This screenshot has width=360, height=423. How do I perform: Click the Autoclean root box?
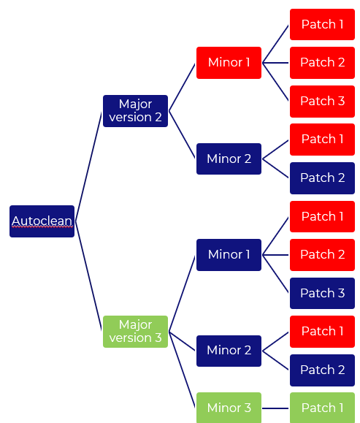coord(42,221)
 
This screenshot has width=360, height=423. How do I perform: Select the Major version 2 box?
coord(135,111)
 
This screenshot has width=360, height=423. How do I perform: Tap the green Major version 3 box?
coord(135,332)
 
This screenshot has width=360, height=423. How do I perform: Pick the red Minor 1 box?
coord(229,63)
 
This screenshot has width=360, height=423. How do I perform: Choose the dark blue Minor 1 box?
coord(229,255)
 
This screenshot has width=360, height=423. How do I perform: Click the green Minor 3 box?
coord(229,408)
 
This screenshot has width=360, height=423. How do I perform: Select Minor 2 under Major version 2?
coord(229,159)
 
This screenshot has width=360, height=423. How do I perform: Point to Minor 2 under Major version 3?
coord(229,351)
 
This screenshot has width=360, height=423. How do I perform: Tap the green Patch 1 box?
coord(322,408)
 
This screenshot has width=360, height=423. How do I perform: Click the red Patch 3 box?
coord(322,102)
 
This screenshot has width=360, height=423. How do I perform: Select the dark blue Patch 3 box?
coord(322,293)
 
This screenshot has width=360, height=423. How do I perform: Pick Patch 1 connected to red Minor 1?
coord(322,25)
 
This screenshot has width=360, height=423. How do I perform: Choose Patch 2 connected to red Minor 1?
coord(322,63)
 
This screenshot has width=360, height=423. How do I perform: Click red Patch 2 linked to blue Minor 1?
coord(322,255)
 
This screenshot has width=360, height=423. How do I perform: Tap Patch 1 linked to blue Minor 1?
coord(322,217)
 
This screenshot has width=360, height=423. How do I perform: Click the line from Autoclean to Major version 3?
coord(88,275)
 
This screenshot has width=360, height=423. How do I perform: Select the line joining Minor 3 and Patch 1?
coord(275,408)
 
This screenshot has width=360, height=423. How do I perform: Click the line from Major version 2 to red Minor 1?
coord(183,87)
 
